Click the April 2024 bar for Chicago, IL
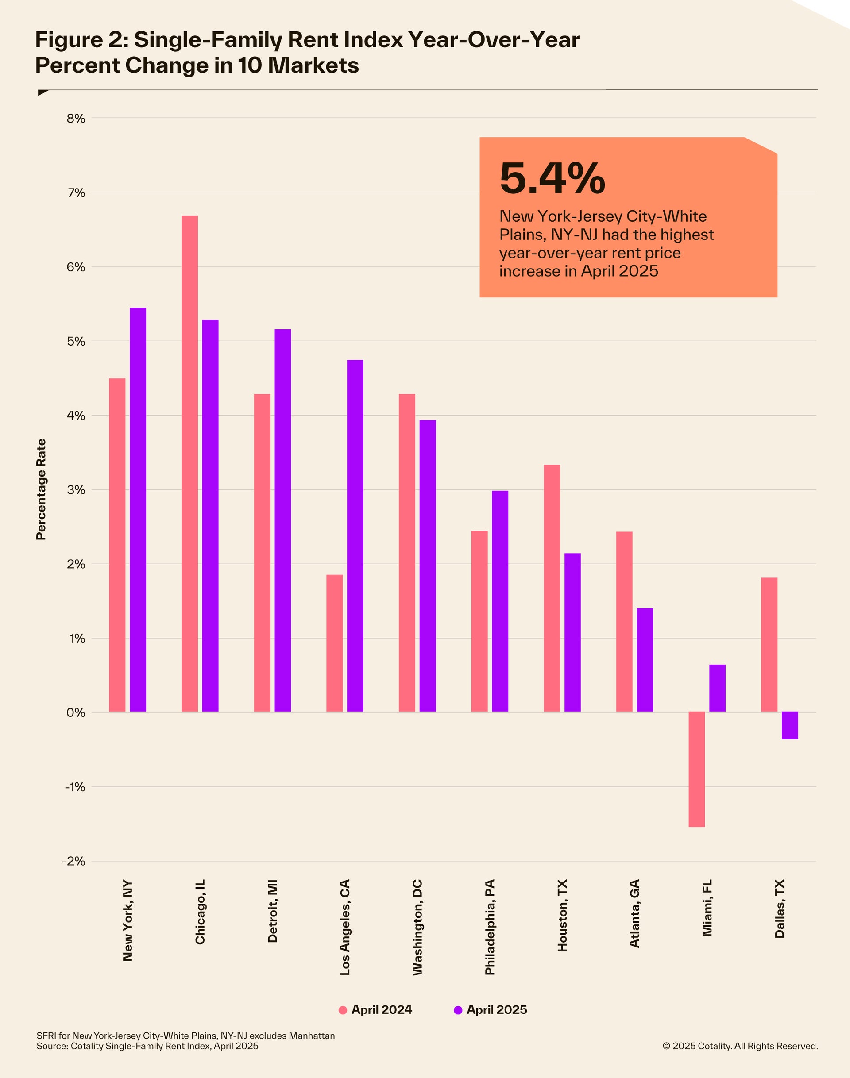click(x=189, y=462)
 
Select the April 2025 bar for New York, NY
click(x=138, y=509)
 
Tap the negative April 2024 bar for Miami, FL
click(x=697, y=769)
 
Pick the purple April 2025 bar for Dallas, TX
click(x=790, y=725)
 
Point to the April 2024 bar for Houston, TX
click(x=552, y=588)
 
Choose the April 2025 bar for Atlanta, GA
click(x=645, y=660)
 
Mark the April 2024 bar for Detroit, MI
click(x=262, y=552)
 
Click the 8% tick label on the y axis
click(x=76, y=119)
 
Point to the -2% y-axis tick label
click(x=73, y=861)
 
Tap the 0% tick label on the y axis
click(x=76, y=712)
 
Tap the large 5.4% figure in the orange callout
click(x=552, y=178)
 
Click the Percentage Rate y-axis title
click(x=41, y=489)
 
